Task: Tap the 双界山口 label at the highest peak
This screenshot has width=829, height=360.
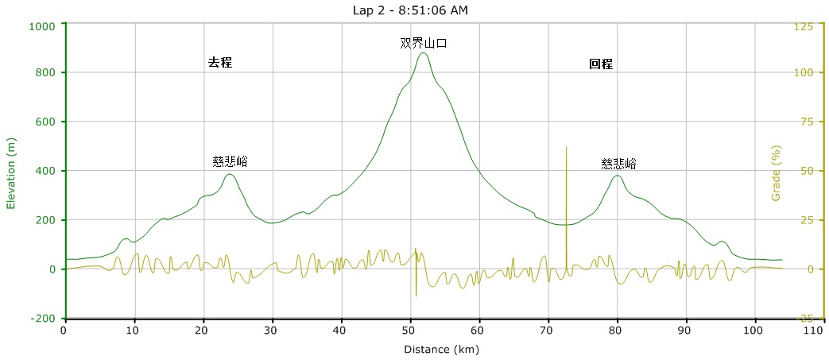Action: tap(423, 44)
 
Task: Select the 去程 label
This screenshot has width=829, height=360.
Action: tap(220, 63)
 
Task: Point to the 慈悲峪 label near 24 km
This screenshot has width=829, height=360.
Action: tap(230, 161)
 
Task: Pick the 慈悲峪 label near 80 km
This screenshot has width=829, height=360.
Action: tap(618, 164)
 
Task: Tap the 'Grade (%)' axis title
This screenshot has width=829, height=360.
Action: tap(777, 172)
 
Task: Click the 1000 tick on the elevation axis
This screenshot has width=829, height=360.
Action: tap(41, 26)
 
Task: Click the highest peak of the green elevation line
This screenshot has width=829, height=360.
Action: tap(423, 53)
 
